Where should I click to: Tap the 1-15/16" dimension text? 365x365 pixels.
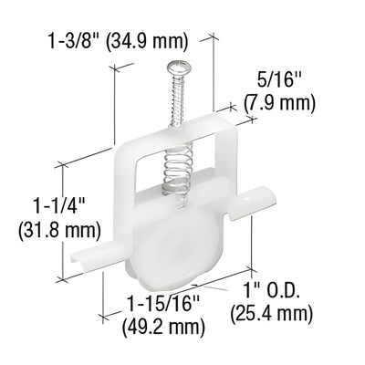(159, 298)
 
